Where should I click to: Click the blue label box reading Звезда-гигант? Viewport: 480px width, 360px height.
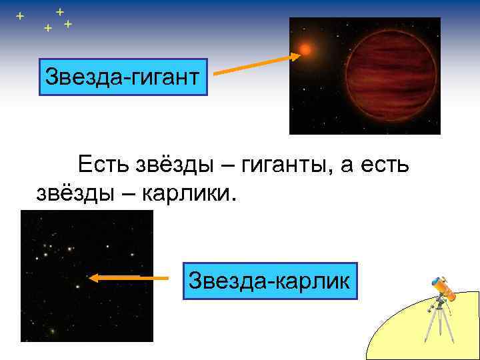pos(123,77)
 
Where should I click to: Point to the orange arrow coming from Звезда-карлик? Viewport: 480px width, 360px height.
pos(129,278)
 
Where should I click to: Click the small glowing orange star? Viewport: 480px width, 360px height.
pos(306,49)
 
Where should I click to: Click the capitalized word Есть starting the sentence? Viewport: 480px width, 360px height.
pos(105,163)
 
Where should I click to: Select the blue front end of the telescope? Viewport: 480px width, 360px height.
pos(437,281)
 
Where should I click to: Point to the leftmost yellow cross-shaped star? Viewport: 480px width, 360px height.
pos(20,15)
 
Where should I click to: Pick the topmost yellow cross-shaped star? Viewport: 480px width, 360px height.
pos(60,11)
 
